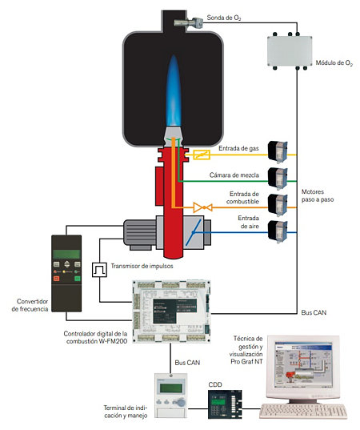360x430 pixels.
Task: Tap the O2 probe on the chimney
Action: [189, 22]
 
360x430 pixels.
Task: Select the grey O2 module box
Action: [290, 50]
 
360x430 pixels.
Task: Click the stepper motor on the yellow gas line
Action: [278, 151]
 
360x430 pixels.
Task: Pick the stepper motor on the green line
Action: [278, 179]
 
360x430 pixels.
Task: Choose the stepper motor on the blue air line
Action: [278, 231]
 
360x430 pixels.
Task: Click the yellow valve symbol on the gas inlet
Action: [202, 155]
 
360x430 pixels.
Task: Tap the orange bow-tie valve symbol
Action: [202, 207]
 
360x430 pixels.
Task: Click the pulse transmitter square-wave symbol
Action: [99, 270]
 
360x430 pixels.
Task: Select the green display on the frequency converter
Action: [66, 254]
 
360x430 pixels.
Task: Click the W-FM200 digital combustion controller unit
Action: [171, 311]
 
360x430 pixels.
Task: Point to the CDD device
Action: [225, 404]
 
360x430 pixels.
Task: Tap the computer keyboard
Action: [303, 412]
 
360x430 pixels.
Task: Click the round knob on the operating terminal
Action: [181, 403]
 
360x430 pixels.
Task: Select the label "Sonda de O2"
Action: [224, 18]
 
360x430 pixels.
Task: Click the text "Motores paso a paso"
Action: [318, 195]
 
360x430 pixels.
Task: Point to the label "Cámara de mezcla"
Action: [234, 175]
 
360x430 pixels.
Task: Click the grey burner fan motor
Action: [140, 234]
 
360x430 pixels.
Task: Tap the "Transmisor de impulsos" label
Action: [142, 266]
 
